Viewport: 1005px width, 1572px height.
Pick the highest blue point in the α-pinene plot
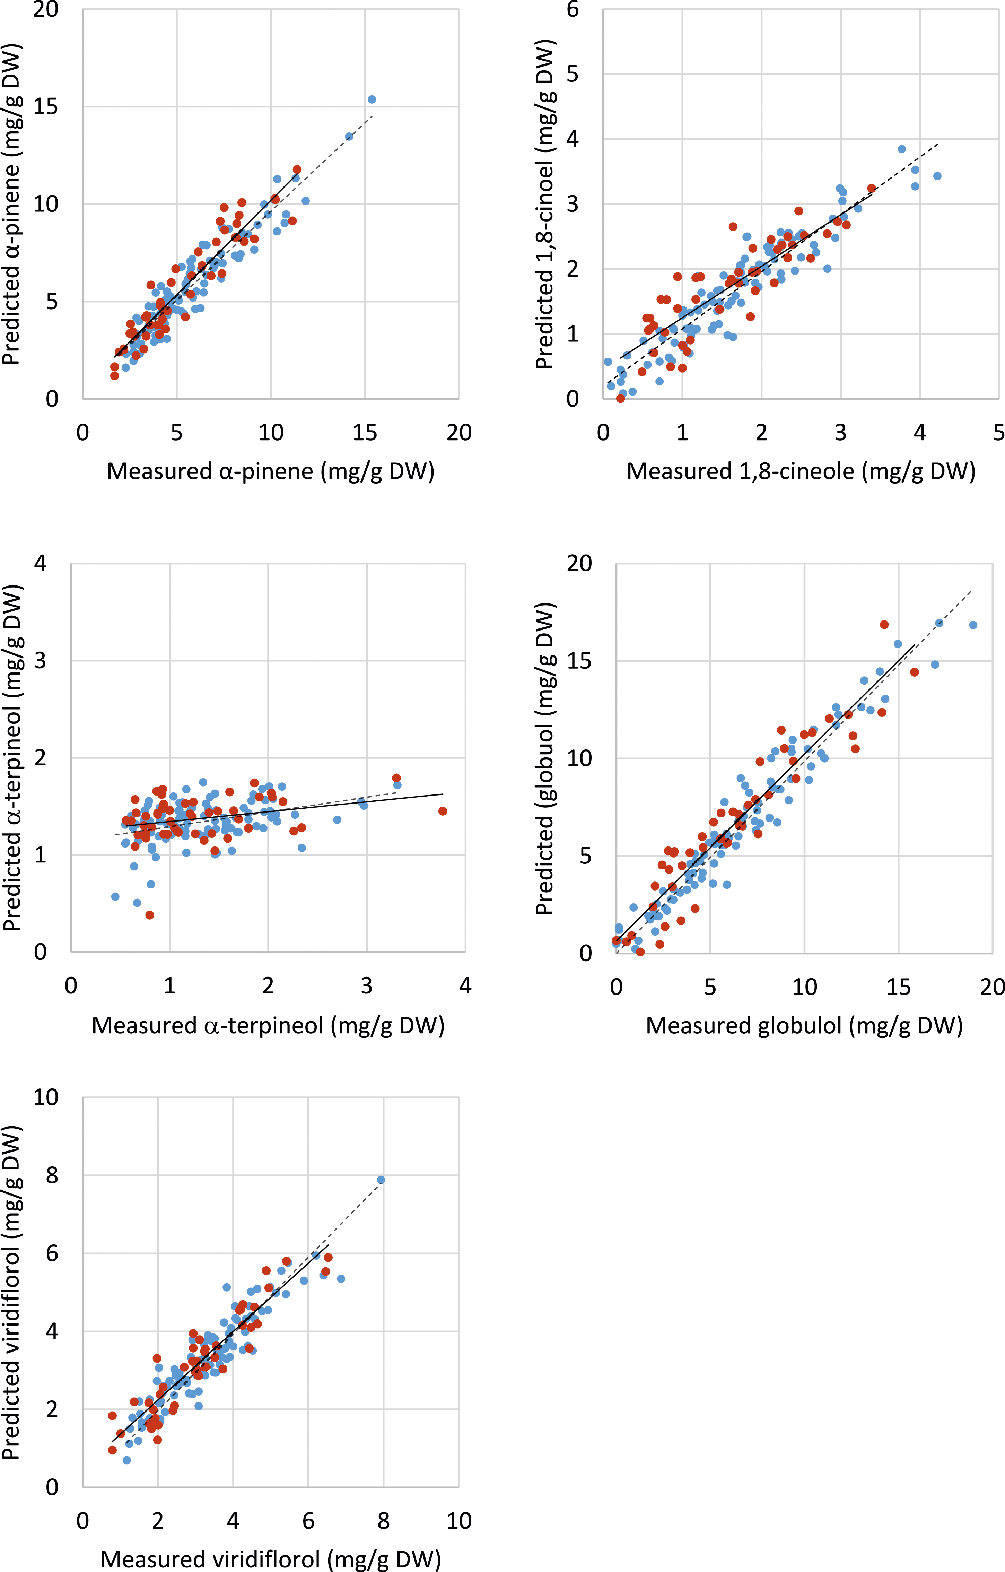pos(371,99)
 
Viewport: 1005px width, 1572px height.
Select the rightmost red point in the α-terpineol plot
pos(443,811)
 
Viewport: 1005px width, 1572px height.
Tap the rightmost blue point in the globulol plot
pos(973,625)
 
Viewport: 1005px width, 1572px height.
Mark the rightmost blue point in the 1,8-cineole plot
pos(937,176)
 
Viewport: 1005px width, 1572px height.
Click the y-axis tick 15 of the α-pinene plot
pos(46,106)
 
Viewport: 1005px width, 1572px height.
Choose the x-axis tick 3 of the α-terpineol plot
pos(367,986)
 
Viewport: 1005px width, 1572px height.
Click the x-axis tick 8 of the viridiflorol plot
pos(384,1521)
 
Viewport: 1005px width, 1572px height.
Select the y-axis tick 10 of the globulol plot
pos(579,758)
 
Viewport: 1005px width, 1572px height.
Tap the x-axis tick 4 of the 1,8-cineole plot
pos(919,432)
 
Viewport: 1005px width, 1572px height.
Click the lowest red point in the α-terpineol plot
pos(149,915)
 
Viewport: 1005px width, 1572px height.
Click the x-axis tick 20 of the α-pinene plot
pos(459,432)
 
